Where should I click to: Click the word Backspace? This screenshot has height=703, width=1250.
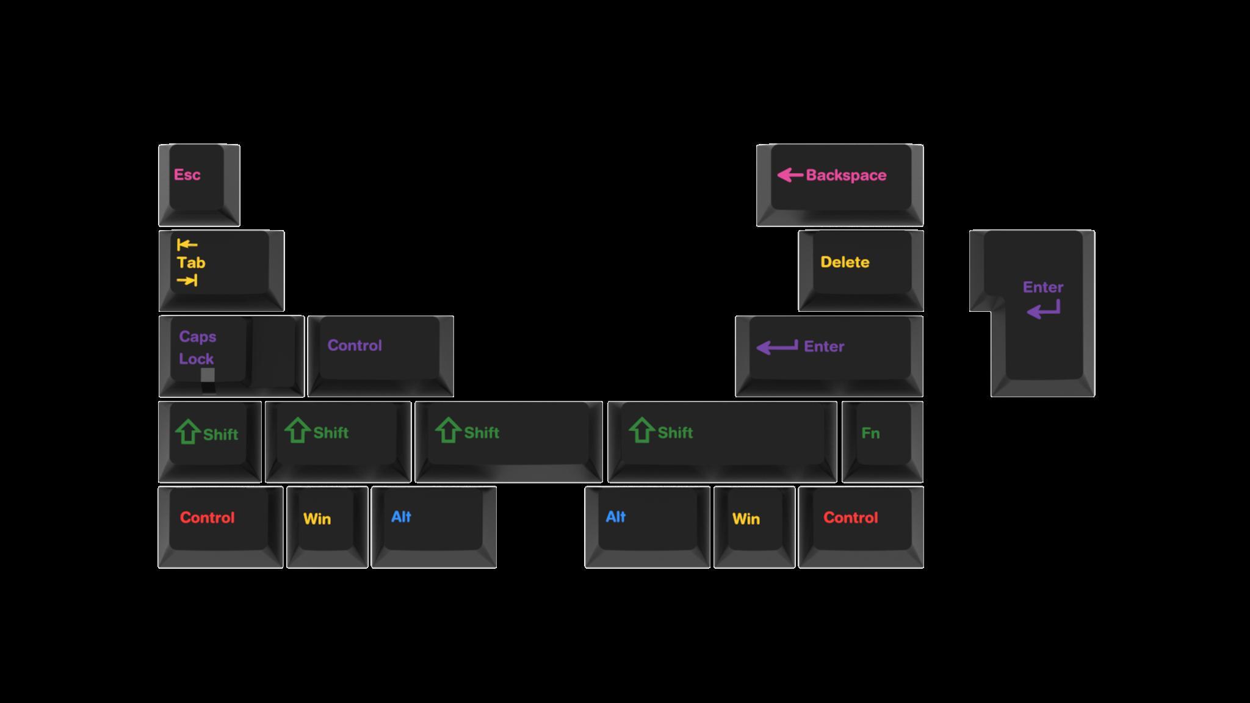point(846,176)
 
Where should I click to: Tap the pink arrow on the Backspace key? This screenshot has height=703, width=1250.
point(790,176)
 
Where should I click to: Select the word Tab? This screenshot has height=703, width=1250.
point(191,263)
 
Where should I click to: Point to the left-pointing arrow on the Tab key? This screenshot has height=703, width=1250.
point(187,245)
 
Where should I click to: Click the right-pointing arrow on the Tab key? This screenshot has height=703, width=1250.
point(187,281)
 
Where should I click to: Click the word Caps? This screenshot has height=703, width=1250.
point(198,337)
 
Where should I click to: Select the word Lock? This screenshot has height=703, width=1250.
point(197,359)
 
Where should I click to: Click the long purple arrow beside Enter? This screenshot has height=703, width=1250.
point(777,347)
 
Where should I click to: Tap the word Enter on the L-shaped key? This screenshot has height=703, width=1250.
point(1043,287)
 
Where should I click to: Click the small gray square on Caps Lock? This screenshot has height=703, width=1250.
point(208,375)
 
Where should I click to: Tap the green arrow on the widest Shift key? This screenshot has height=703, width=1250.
point(641,431)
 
